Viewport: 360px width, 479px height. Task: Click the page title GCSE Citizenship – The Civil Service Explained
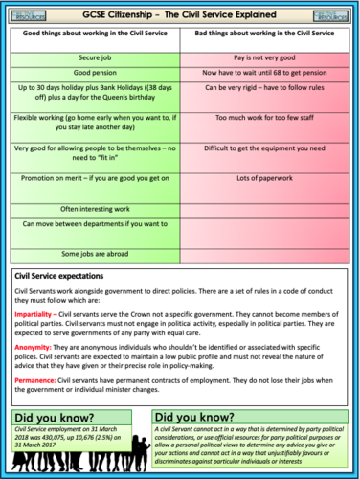[x=179, y=13]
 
